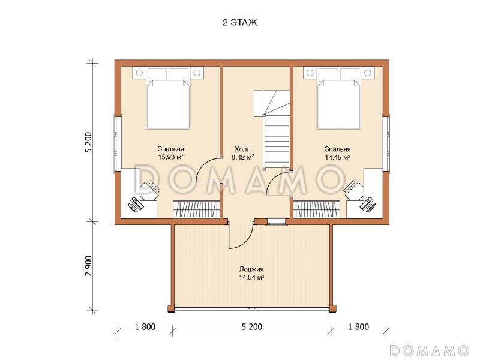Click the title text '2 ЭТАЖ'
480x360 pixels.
point(240,23)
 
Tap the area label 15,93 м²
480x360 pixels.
point(170,157)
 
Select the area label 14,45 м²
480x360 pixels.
point(337,157)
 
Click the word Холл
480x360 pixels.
point(242,149)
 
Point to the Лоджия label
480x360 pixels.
point(251,269)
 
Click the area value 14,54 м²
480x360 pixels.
point(251,278)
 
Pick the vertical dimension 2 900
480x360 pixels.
point(88,266)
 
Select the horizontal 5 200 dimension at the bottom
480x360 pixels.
point(252,327)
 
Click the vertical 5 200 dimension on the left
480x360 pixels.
point(89,142)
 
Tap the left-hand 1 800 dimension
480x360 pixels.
point(145,327)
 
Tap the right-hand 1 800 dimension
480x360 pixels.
point(358,327)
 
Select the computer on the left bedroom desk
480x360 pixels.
point(136,204)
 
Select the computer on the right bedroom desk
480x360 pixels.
point(368,204)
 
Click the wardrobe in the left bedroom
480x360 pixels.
point(197,209)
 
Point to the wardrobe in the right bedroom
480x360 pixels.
point(317,209)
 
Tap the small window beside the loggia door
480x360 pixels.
point(277,221)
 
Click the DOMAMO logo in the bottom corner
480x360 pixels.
point(430,350)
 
